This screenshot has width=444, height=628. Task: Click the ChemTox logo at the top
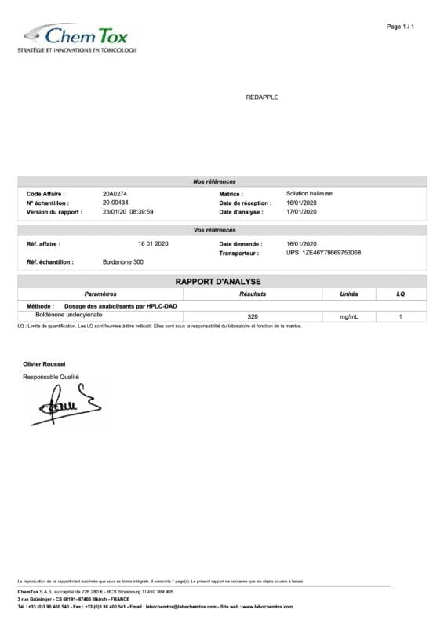click(x=78, y=36)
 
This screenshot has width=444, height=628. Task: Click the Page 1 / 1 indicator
click(x=400, y=27)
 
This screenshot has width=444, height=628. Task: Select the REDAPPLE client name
click(x=262, y=97)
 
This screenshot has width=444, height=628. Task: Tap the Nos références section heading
click(x=214, y=181)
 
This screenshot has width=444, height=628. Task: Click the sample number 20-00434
click(x=115, y=203)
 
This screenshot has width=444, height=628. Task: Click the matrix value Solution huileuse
click(x=309, y=193)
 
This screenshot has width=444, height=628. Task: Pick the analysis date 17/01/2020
click(x=301, y=212)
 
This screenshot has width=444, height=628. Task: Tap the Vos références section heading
click(x=214, y=230)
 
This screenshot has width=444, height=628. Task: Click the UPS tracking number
click(x=324, y=253)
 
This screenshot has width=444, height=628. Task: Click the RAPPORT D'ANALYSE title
click(x=218, y=281)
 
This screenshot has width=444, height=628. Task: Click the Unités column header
click(x=348, y=294)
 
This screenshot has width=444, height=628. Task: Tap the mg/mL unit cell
click(x=348, y=316)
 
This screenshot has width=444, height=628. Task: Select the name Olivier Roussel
click(x=44, y=364)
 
